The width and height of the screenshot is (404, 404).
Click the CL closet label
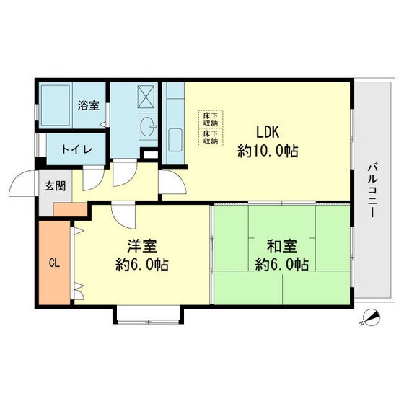tap(54, 263)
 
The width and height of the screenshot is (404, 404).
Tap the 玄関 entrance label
tap(55, 186)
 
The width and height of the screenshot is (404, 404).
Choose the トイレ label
tap(76, 150)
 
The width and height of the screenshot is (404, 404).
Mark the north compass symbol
tap(370, 317)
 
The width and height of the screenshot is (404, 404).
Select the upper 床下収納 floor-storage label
tap(210, 118)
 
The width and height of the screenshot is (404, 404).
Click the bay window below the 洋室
tap(149, 314)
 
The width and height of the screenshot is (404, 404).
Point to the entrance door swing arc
tap(25, 185)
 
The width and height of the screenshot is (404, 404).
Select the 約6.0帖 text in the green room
tap(282, 265)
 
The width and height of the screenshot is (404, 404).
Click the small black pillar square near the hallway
tap(150, 153)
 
